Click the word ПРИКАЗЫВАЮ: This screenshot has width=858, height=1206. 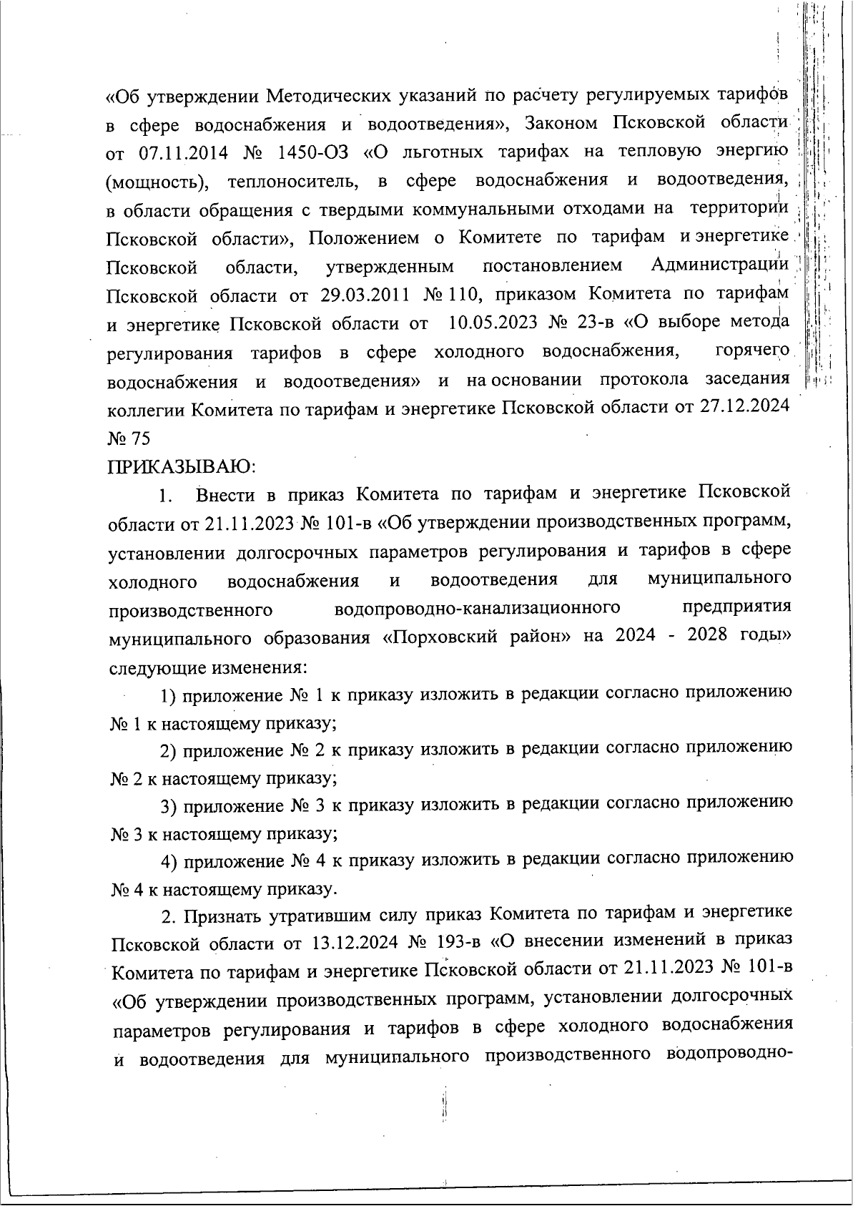[182, 467]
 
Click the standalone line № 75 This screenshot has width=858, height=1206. [129, 438]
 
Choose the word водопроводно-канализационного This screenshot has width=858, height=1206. [477, 608]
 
